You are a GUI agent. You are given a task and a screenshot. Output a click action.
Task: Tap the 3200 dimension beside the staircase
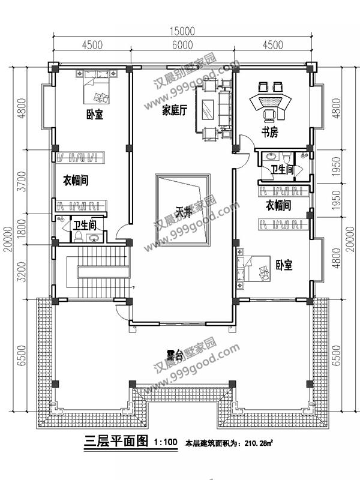tap(22, 271)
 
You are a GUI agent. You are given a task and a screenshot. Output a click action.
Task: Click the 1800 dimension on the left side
tap(22, 230)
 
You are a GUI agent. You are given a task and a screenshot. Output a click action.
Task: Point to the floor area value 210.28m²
tap(256, 444)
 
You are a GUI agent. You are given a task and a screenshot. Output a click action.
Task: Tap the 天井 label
tap(183, 211)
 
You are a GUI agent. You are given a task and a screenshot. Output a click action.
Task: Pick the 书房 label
tap(269, 131)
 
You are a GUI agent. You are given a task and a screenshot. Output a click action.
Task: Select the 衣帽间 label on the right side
tap(278, 206)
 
